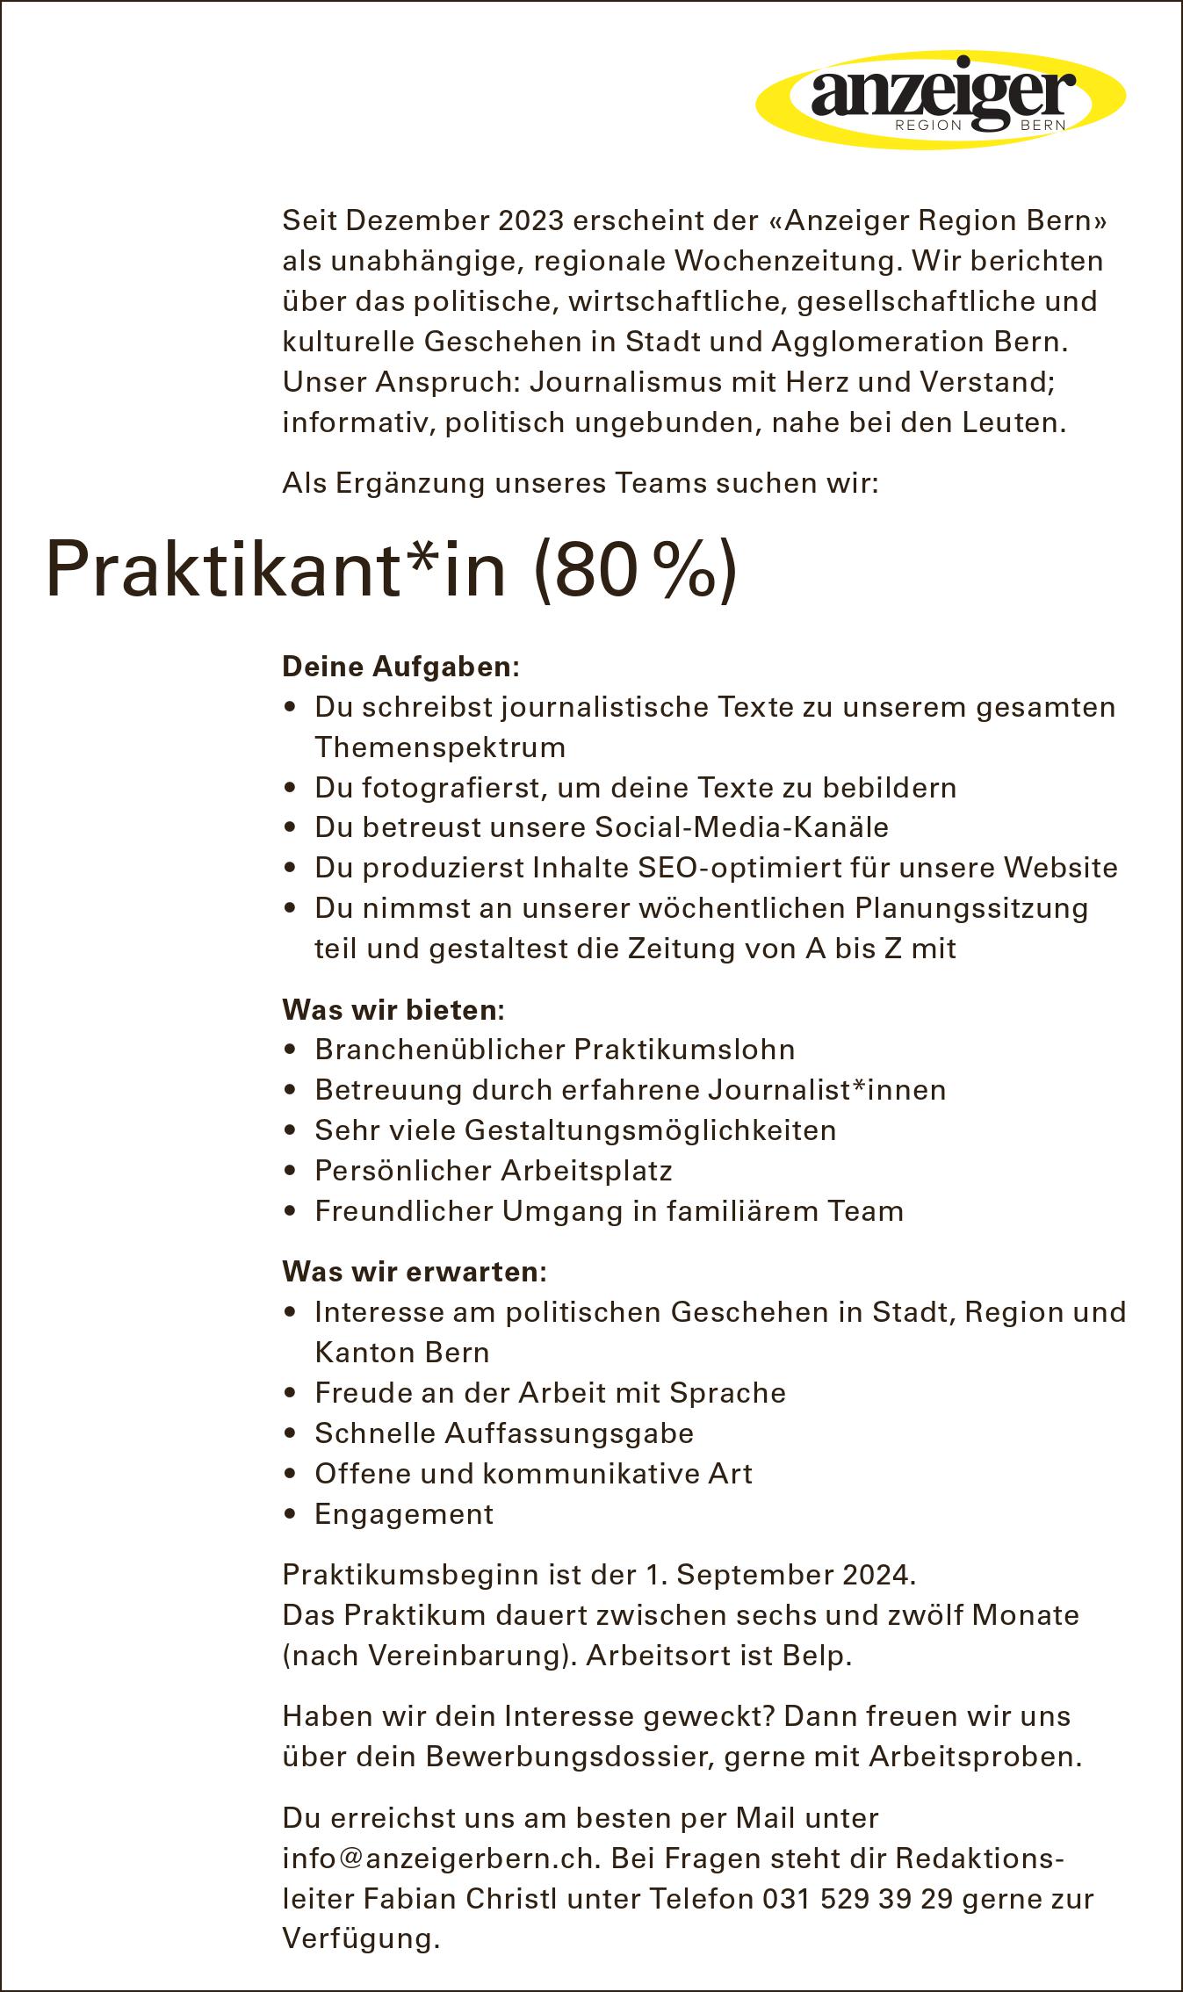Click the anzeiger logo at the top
pos(941,98)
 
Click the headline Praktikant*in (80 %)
pos(392,572)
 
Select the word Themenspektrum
pos(440,747)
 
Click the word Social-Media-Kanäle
pos(742,827)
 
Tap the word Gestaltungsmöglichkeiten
pos(650,1130)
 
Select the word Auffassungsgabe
pos(569,1433)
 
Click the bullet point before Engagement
pos(291,1515)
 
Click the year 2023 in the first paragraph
pos(530,220)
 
